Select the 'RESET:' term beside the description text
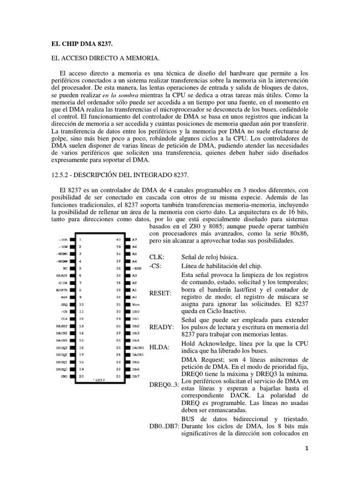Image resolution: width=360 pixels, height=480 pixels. [x=159, y=292]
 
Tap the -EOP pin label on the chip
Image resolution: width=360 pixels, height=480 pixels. [x=137, y=268]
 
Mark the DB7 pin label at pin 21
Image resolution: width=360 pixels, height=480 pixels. [x=135, y=376]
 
